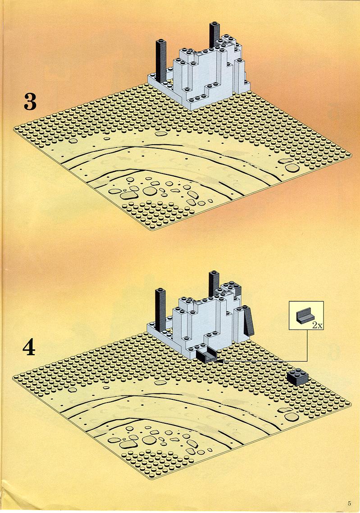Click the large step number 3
coord(30,101)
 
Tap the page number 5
coord(349,503)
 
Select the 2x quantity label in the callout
coord(317,325)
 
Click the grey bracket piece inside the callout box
coord(305,316)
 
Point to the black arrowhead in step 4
coord(218,361)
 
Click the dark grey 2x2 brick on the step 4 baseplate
coord(297,377)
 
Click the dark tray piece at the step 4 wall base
coord(206,355)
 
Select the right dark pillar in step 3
coord(214,34)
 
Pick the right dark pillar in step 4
coord(214,283)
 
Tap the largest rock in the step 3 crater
coord(128,195)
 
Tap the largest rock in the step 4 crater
coord(128,444)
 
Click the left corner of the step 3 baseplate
coord(14,129)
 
